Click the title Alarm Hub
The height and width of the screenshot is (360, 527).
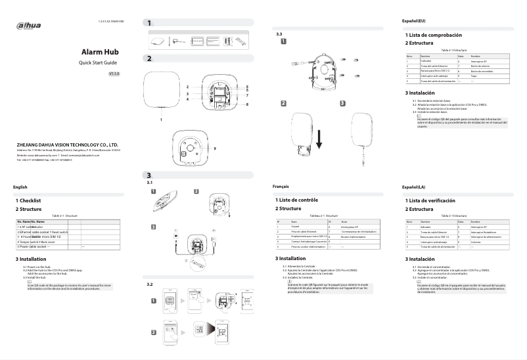[100, 51]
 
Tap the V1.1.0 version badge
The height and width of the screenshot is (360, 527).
[113, 74]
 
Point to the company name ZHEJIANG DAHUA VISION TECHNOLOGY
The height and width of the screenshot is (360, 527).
[67, 143]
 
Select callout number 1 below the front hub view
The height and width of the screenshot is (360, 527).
[162, 120]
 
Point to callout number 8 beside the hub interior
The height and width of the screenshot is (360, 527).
[247, 104]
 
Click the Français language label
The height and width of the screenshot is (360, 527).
[281, 187]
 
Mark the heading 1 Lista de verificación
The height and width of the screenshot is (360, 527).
[429, 200]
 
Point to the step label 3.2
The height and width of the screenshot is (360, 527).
[149, 284]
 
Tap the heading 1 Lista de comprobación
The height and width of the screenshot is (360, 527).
[434, 34]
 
